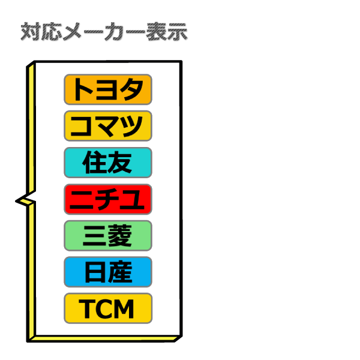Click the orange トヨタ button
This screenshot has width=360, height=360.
(108, 89)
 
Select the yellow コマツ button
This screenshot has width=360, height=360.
(108, 126)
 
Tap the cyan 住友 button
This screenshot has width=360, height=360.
(108, 163)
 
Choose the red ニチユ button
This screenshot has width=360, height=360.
(108, 199)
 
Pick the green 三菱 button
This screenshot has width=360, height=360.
(108, 236)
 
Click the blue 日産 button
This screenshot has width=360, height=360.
(108, 272)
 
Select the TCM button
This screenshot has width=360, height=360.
(108, 308)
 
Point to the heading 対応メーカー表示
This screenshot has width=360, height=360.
(104, 32)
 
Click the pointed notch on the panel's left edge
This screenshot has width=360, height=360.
(16, 201)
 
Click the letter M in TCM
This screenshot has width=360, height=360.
(124, 309)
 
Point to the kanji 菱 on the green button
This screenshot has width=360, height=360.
(120, 236)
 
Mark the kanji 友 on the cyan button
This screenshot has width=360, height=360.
(120, 163)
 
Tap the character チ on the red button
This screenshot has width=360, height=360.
(108, 199)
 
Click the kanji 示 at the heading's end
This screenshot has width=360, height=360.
(178, 32)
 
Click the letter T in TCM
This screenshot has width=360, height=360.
(87, 309)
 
